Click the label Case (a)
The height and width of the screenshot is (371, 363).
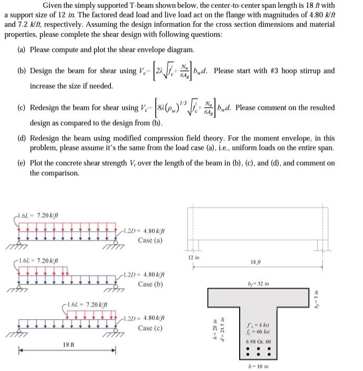click(x=150, y=240)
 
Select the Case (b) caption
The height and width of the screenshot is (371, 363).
click(x=150, y=284)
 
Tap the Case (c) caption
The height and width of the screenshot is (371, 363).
click(x=150, y=328)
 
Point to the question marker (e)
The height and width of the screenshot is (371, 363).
click(x=23, y=163)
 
